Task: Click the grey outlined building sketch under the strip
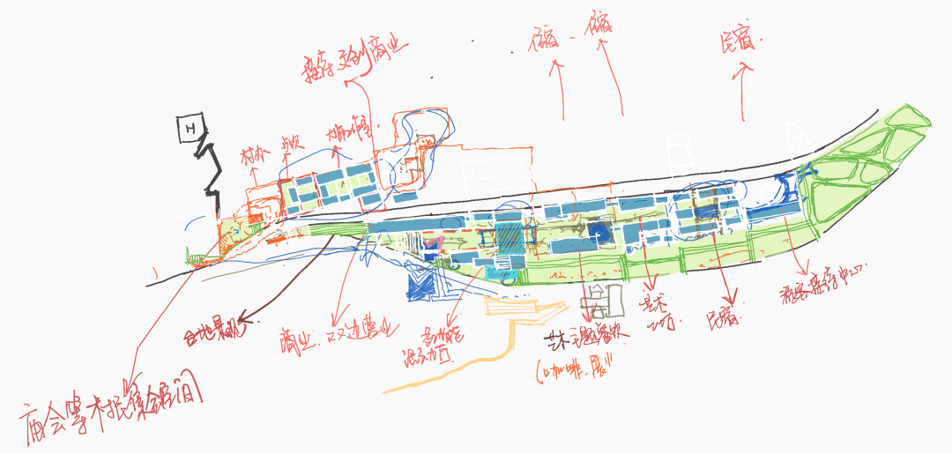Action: click(599, 301)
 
